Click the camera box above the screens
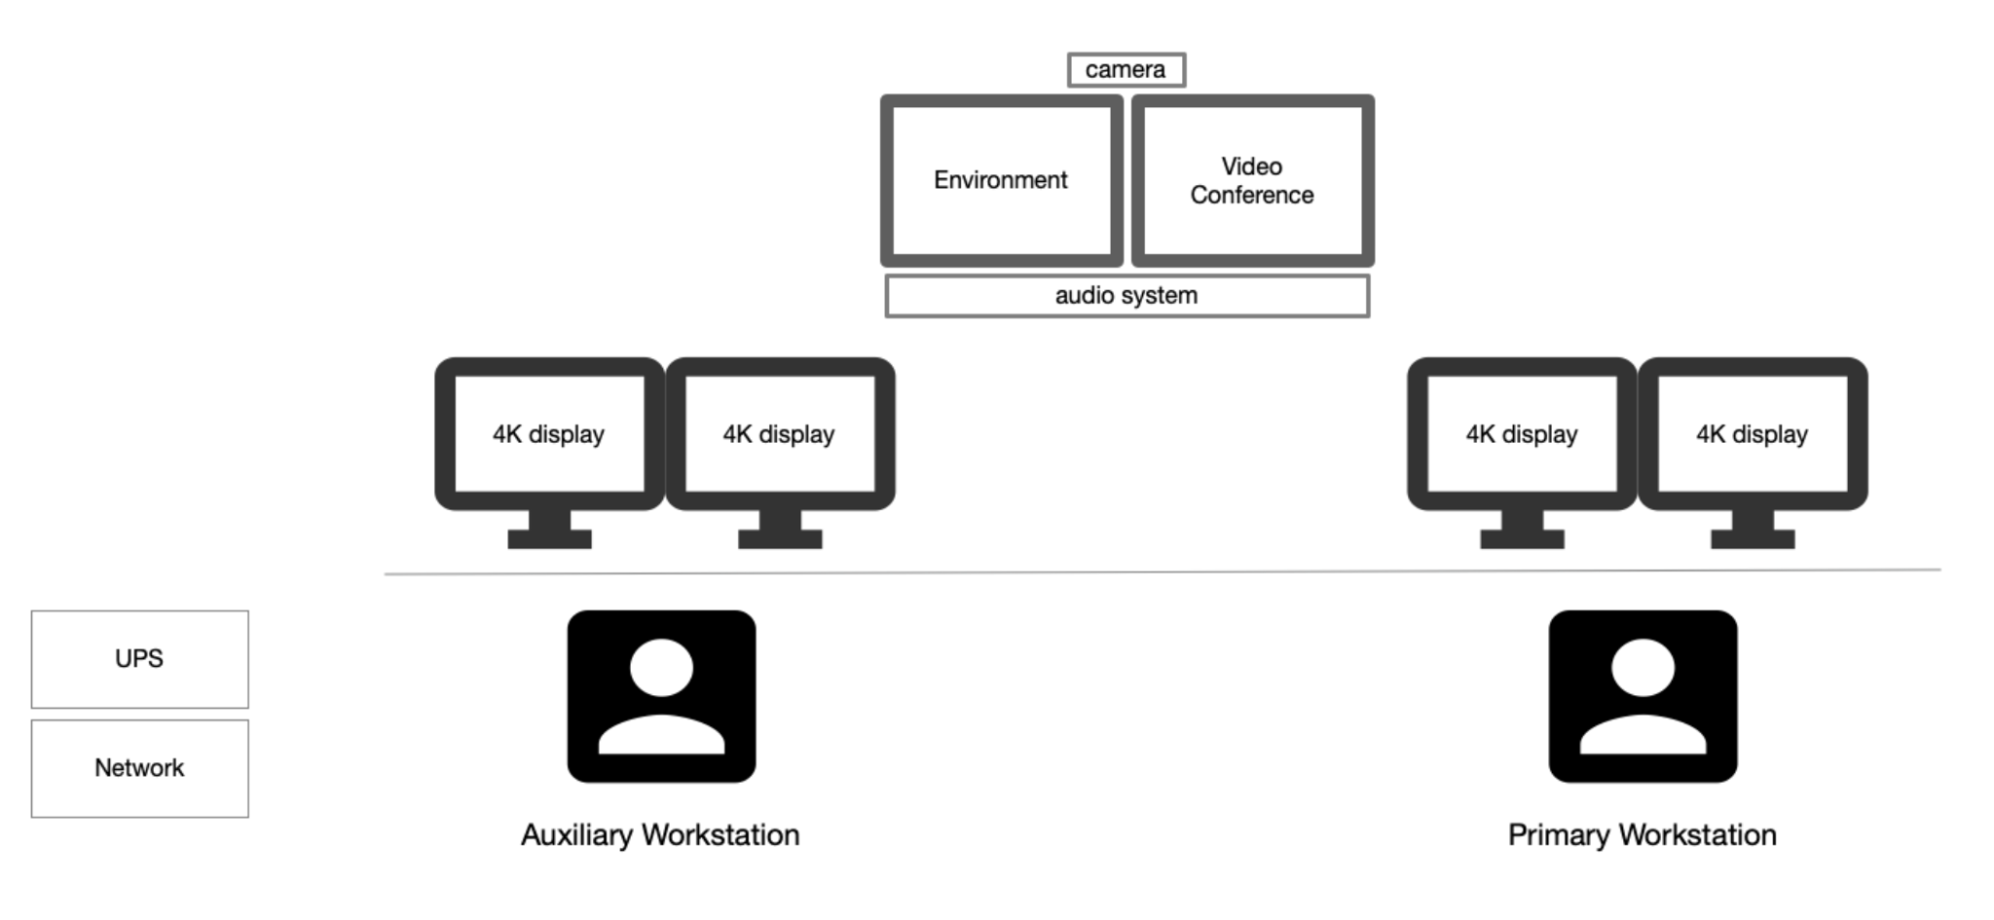pos(1126,70)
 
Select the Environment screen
pos(1002,180)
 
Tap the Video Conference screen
pos(1253,180)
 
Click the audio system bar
pos(1127,296)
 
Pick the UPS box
pos(140,659)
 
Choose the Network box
pos(140,768)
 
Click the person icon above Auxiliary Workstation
pos(661,696)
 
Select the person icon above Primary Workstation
pos(1643,696)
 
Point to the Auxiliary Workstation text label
pos(660,835)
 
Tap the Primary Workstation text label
pos(1643,835)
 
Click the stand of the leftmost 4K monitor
pos(549,530)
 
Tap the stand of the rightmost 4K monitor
pos(1753,530)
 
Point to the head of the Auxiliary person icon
pos(661,669)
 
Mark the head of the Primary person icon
pos(1643,669)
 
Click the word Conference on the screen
pos(1252,196)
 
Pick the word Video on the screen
pos(1252,166)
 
